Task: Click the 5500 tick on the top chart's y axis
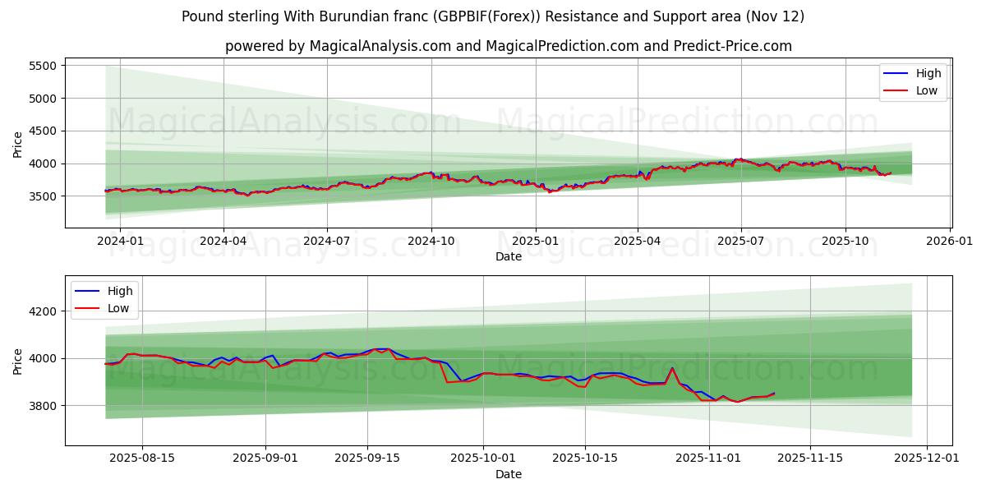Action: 43,66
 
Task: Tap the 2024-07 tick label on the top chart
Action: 327,242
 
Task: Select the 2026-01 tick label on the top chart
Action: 950,242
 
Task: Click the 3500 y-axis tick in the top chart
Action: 43,196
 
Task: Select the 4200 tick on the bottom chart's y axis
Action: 43,311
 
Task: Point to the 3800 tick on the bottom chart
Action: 43,406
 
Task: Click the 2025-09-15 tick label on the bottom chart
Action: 368,458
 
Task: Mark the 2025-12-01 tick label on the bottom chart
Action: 927,458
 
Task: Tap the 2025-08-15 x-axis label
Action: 142,458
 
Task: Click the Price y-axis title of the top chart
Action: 18,145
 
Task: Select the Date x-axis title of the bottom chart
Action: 509,474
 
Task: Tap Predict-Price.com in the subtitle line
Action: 732,46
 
